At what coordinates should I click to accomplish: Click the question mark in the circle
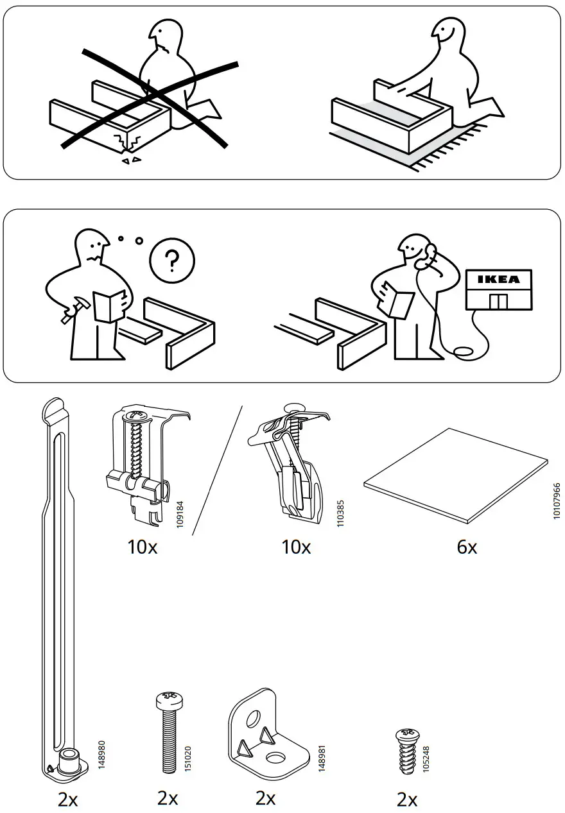tap(171, 262)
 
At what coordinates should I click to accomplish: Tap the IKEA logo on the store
tap(499, 280)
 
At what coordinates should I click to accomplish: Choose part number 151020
tap(187, 759)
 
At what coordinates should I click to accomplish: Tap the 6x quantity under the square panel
tap(467, 547)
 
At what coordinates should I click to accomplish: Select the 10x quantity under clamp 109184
tap(142, 547)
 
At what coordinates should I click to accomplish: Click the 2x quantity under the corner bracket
tap(265, 798)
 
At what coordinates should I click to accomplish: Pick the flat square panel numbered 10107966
tap(456, 475)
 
